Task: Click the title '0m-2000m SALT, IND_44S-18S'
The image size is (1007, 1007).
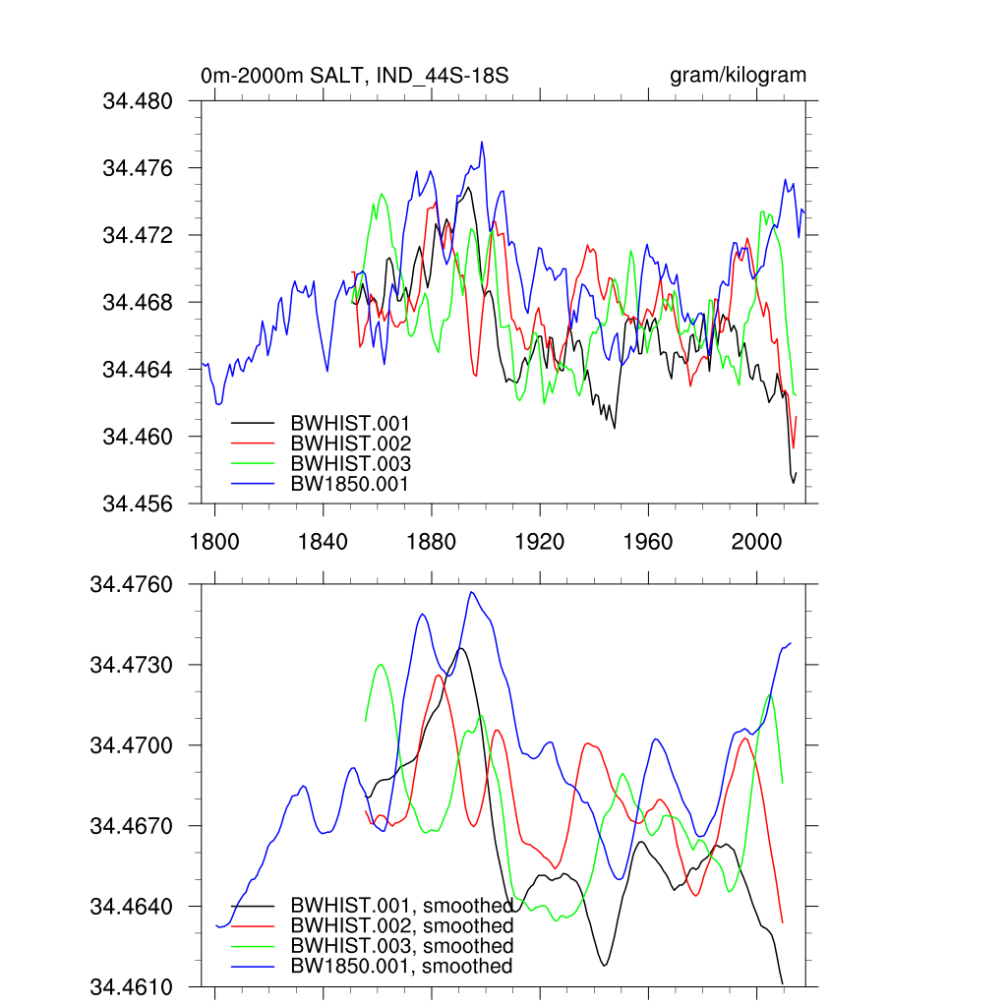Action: pos(354,76)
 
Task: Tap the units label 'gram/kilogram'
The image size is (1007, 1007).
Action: pos(738,76)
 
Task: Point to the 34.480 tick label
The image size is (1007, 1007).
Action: pos(138,101)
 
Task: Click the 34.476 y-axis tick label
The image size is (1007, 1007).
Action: pos(138,168)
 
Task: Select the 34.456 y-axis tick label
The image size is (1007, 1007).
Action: pos(138,503)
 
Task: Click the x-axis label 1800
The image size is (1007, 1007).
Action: pos(214,542)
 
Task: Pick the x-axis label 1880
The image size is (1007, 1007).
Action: pos(431,542)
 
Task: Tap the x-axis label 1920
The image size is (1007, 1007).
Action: pos(540,542)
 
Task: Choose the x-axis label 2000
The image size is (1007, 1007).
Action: pos(756,542)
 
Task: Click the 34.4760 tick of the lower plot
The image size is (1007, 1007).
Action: pos(131,585)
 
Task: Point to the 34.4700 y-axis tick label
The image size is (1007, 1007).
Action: pos(131,745)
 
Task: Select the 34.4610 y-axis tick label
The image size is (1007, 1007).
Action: pos(131,986)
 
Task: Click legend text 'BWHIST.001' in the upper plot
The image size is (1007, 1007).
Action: pos(350,424)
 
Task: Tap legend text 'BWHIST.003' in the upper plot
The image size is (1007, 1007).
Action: pos(350,464)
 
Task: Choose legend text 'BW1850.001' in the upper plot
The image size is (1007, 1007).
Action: pos(350,484)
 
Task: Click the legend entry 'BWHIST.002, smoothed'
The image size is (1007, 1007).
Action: pos(402,926)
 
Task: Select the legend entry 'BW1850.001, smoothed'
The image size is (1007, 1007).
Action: pos(402,967)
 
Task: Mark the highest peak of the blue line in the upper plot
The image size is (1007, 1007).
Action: pos(482,142)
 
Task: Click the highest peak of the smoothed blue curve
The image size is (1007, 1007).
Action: pos(472,592)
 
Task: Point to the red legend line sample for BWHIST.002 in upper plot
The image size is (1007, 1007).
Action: pos(252,444)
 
